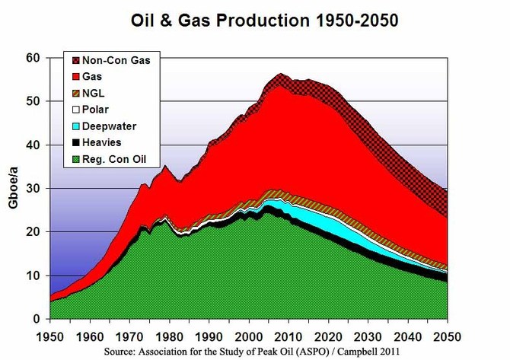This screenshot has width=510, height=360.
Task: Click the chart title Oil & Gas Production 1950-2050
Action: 254,17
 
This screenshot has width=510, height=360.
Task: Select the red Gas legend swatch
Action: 73,77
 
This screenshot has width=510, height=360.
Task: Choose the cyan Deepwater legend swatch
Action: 73,126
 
